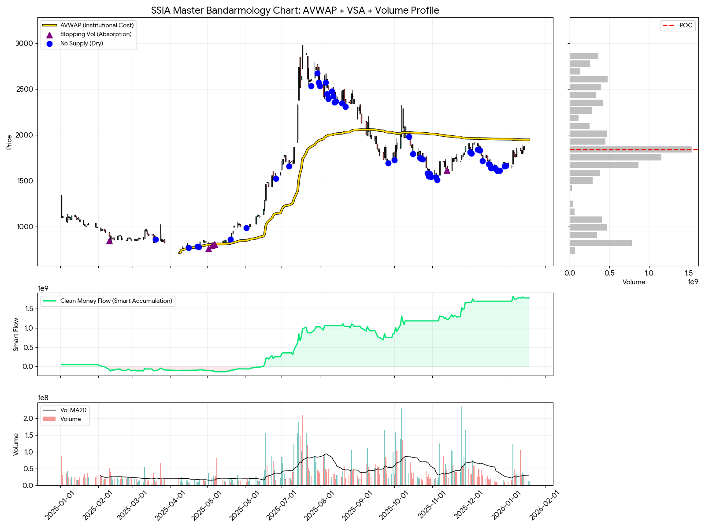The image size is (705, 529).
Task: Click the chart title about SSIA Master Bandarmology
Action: tap(295, 10)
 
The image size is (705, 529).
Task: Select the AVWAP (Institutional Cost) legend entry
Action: tap(96, 25)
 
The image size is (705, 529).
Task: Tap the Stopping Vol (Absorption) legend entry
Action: tap(96, 34)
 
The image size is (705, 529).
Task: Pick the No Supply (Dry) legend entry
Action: tap(82, 43)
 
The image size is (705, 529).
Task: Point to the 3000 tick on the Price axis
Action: tap(24, 43)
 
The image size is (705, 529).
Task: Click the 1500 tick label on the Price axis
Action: tap(24, 181)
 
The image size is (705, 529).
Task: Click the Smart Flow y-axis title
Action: tap(16, 334)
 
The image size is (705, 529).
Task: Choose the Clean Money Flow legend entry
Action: tap(116, 301)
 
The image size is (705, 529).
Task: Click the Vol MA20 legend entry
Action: tap(73, 410)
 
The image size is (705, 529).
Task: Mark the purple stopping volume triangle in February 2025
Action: tap(109, 240)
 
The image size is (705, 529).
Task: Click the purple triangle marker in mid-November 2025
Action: tap(447, 170)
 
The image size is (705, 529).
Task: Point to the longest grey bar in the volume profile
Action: tap(631, 149)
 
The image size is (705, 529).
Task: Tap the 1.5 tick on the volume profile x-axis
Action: tap(689, 273)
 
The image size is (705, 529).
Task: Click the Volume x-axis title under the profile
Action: tap(634, 282)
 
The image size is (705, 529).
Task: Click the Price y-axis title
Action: tap(9, 142)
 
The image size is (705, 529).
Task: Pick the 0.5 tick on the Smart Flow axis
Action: tap(29, 347)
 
